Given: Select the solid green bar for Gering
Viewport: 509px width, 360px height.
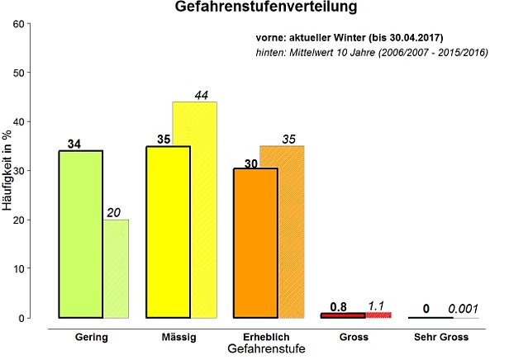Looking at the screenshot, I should (x=80, y=234).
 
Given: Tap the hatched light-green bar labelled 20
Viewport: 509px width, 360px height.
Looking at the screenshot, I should (x=116, y=268).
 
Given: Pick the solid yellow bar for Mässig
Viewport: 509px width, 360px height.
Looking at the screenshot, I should (x=168, y=232).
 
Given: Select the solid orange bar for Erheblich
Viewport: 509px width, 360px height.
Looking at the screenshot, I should (x=255, y=243).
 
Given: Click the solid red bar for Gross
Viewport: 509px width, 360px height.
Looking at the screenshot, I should (x=343, y=315).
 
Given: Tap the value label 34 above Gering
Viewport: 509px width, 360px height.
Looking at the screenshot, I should (x=74, y=144).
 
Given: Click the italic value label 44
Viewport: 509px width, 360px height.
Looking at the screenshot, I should (x=202, y=95).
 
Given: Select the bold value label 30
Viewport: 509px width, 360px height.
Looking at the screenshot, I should (x=251, y=163).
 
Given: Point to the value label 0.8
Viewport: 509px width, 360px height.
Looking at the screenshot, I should (x=338, y=307).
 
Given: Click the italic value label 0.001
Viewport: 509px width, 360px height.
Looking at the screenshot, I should (x=463, y=309).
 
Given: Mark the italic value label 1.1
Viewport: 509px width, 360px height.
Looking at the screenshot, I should (x=377, y=306).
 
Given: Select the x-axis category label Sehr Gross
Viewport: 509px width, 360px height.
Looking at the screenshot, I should (x=440, y=338).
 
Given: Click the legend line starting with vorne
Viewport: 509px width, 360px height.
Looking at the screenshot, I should (x=351, y=39).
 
